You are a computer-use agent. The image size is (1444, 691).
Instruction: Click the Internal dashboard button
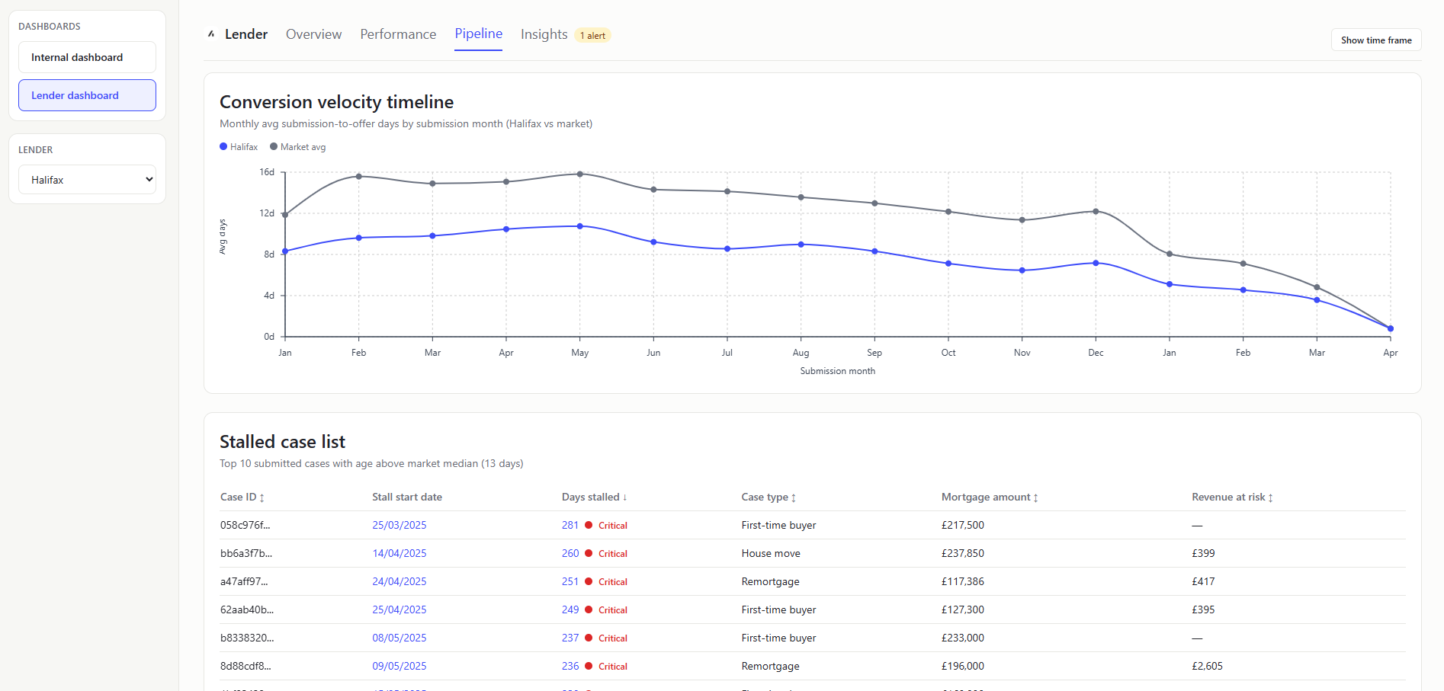tap(87, 57)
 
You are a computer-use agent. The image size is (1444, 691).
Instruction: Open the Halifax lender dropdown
tap(87, 180)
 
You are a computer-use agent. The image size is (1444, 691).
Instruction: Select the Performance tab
tap(398, 34)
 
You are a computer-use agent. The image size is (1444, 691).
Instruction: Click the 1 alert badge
tap(592, 36)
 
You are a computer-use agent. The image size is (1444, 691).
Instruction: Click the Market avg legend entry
tap(298, 147)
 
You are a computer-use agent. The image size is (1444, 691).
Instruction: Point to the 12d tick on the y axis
tap(267, 213)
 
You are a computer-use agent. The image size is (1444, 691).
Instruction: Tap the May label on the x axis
tap(579, 353)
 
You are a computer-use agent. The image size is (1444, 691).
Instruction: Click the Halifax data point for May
tap(580, 226)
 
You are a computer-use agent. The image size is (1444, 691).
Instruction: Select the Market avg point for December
tap(1096, 212)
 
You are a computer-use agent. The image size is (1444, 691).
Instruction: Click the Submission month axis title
tap(837, 371)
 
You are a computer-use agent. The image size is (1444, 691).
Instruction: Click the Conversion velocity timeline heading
tap(336, 102)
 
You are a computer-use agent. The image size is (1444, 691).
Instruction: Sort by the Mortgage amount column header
tap(989, 497)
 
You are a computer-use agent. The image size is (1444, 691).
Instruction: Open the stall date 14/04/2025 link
tap(399, 553)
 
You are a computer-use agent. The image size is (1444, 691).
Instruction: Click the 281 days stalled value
tap(570, 525)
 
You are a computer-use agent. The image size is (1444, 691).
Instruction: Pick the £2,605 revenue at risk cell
tap(1207, 666)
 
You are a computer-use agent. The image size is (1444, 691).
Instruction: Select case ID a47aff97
tap(244, 581)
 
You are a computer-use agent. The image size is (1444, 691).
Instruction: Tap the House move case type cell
tap(771, 553)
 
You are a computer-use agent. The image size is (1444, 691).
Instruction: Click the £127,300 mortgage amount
tap(962, 609)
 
